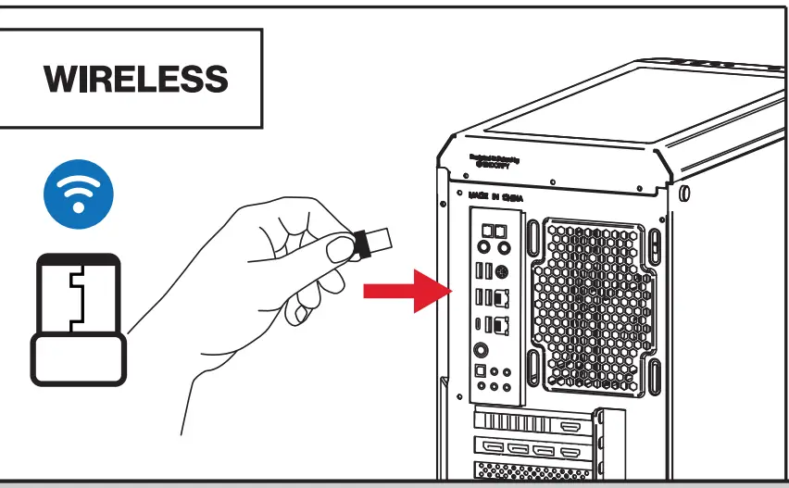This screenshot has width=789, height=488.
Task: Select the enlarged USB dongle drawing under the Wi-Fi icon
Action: pos(78,319)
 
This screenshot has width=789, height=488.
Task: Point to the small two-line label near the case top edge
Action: pos(495,160)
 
